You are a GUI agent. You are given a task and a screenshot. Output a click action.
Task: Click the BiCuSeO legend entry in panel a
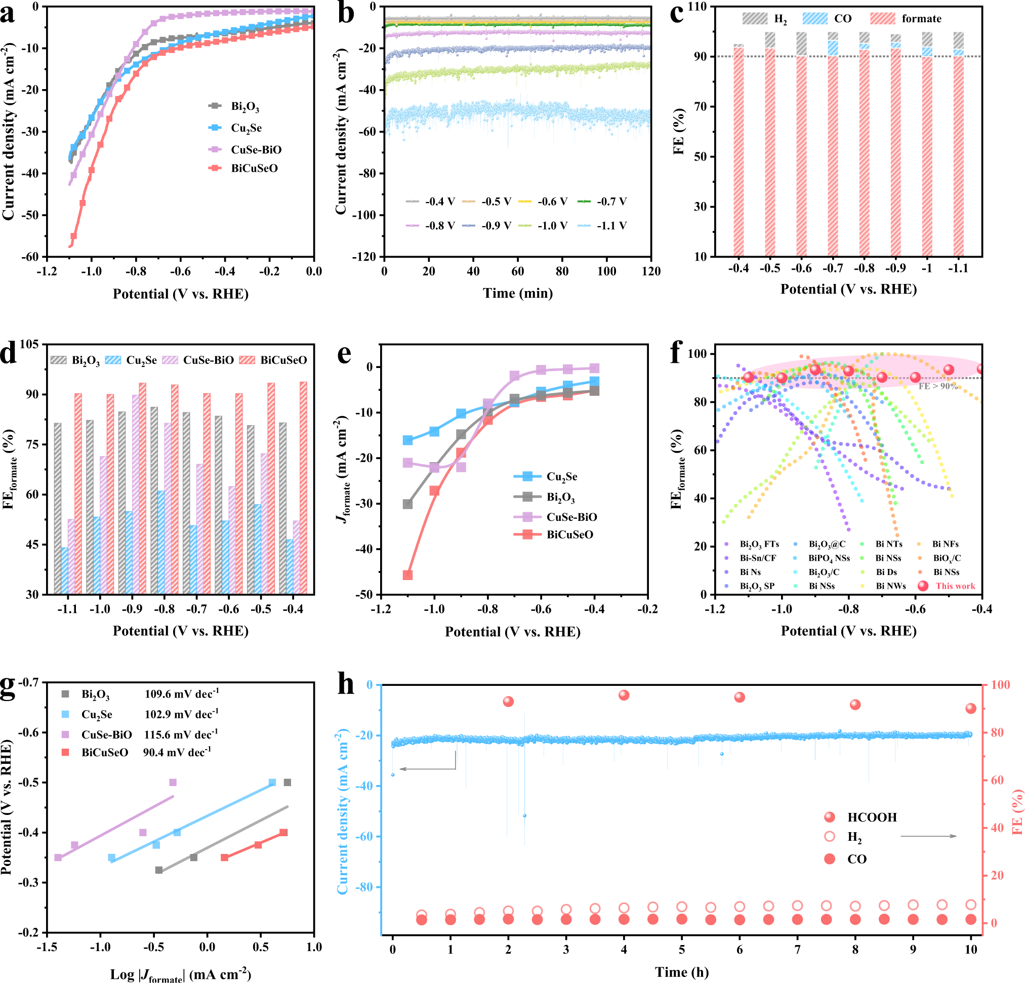(x=254, y=169)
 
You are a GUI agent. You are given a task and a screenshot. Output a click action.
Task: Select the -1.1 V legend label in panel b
(x=611, y=226)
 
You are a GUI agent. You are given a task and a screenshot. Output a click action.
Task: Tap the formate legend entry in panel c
(x=921, y=19)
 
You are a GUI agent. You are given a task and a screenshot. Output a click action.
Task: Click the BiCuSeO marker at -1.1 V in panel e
(x=408, y=575)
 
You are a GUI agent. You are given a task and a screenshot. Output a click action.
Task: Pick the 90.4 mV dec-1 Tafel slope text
(x=177, y=752)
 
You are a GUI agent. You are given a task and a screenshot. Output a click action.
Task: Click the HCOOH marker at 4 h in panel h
(x=624, y=695)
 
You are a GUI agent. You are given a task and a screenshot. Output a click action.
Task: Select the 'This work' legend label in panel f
(x=956, y=586)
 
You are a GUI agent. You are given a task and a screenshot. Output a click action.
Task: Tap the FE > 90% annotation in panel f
(x=938, y=386)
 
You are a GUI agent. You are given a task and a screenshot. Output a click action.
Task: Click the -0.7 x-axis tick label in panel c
(x=833, y=269)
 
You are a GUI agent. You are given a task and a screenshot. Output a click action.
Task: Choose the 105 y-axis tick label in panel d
(x=29, y=344)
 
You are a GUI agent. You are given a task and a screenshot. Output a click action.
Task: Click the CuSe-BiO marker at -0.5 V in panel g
(x=173, y=783)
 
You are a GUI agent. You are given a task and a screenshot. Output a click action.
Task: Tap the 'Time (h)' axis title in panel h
(x=682, y=972)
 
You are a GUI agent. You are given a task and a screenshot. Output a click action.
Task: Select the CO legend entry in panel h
(x=856, y=859)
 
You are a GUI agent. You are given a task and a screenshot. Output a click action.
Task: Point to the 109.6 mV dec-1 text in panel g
(x=182, y=694)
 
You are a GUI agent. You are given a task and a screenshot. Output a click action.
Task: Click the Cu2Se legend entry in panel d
(x=141, y=360)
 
